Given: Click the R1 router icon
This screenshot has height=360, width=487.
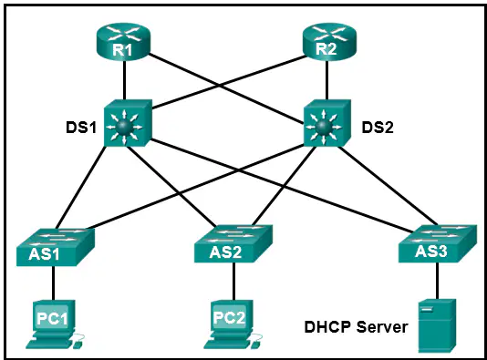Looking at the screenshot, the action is pos(123,41).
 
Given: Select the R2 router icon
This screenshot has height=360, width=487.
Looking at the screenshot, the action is pos(329,41).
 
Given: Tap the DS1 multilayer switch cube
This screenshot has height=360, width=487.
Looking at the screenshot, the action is pos(128,123).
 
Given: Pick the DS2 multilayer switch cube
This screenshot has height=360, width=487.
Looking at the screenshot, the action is pos(327,123).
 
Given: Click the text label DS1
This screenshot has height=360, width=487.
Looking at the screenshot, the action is pos(81,128).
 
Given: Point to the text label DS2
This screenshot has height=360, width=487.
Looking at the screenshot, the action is pos(378,128).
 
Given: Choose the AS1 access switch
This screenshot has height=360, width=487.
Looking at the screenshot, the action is pos(56,247).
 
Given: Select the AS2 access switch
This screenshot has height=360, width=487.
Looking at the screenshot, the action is pos(233,244).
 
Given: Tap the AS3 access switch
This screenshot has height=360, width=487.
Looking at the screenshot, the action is pos(438,244).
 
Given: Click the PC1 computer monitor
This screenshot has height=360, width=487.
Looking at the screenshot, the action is pos(54,316).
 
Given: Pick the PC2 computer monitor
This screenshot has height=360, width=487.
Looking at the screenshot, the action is pos(231,316).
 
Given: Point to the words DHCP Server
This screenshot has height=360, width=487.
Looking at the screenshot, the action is pos(356,327).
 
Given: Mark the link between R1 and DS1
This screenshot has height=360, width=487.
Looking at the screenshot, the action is pos(124,80).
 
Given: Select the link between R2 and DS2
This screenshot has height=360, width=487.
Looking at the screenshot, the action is pos(326,80).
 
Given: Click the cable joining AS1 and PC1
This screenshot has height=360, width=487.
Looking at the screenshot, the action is pos(54,283).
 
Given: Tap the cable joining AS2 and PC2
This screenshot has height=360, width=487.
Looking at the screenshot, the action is pos(233,282).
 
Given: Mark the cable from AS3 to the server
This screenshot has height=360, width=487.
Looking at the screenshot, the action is pos(438,281).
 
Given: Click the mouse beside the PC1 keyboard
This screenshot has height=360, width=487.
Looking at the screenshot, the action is pos(78,342).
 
